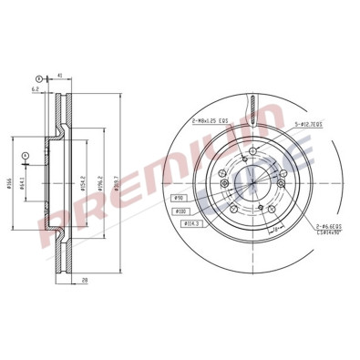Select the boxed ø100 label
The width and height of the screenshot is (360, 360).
click(184, 209)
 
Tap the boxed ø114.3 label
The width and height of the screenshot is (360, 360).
click(190, 221)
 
